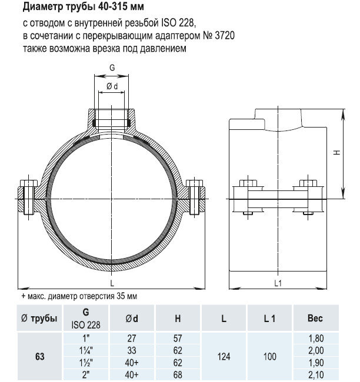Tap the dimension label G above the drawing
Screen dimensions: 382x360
(112, 68)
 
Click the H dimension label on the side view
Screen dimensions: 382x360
(336, 152)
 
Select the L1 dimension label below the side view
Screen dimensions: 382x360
(278, 283)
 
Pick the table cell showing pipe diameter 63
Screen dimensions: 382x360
(39, 356)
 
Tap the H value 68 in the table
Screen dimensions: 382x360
(178, 374)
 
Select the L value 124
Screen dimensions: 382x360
(224, 356)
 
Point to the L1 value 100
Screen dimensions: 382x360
(269, 356)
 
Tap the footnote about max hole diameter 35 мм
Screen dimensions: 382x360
(79, 296)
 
